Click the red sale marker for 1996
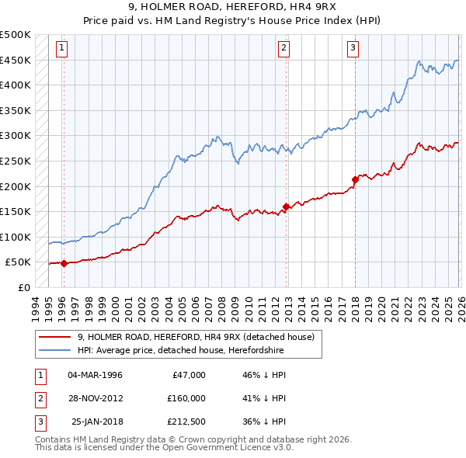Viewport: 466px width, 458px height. click(x=64, y=263)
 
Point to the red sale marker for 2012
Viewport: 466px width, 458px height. click(x=287, y=206)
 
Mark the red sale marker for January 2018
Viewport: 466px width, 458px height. click(x=355, y=179)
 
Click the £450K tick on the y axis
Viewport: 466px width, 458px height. click(x=16, y=60)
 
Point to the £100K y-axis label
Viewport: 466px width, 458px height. click(x=16, y=237)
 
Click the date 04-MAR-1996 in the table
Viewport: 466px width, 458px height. click(x=95, y=375)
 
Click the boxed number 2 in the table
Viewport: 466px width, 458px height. click(x=39, y=398)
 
